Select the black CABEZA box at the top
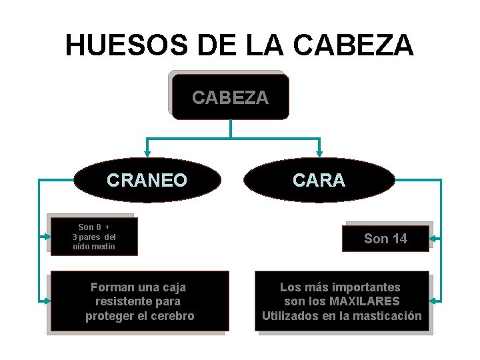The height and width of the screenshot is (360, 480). click(230, 97)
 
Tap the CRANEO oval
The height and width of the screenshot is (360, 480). click(147, 180)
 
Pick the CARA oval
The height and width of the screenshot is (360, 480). click(319, 180)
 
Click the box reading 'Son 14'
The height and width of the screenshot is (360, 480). click(385, 238)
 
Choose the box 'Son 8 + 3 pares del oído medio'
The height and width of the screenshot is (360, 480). click(93, 237)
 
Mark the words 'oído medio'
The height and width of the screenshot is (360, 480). click(94, 247)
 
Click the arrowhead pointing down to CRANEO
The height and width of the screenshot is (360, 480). click(147, 153)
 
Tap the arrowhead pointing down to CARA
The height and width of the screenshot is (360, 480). click(319, 153)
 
